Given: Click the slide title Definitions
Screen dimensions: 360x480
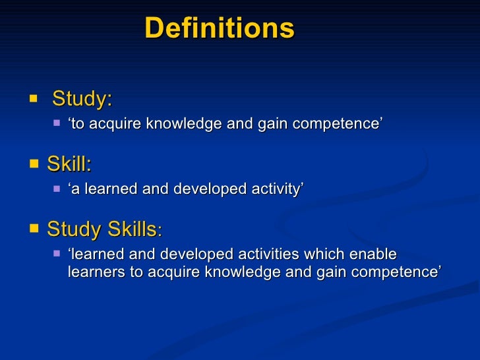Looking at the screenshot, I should [x=219, y=28].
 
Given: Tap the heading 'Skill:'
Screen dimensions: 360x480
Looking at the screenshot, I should [x=69, y=164].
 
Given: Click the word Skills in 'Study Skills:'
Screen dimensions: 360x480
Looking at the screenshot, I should [x=132, y=229].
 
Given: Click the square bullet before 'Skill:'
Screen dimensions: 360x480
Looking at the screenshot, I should [x=34, y=163].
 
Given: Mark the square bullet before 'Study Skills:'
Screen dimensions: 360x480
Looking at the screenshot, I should [x=34, y=228].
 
